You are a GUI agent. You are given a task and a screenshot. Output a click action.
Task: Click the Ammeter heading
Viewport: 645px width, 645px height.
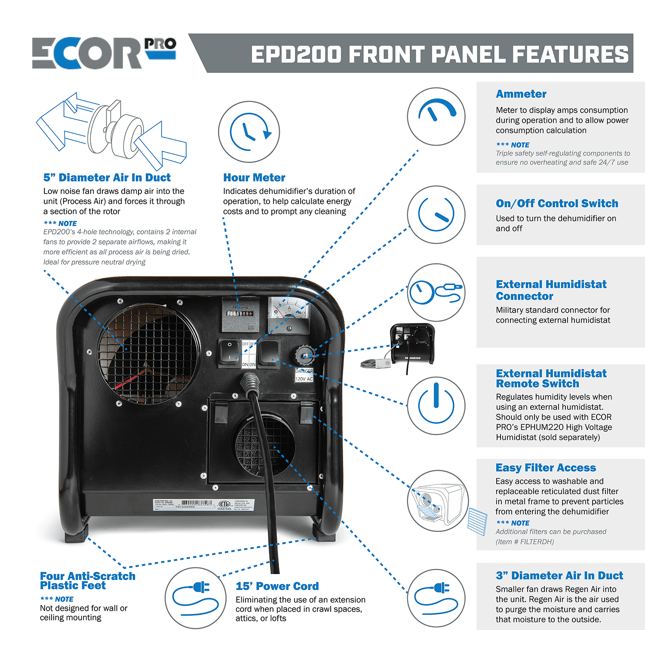point(521,94)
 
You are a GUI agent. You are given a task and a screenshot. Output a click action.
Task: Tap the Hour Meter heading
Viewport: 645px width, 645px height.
point(254,178)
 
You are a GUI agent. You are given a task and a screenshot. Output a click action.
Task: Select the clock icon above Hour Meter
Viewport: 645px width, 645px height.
point(249,132)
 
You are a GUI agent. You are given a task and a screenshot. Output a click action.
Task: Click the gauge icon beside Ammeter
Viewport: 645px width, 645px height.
point(436,116)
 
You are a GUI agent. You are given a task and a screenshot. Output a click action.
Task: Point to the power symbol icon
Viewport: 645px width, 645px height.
point(436,405)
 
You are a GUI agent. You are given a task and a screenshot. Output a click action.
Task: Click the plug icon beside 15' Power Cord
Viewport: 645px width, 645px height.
point(196,598)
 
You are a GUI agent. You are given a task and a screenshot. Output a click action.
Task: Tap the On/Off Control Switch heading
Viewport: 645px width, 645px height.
point(556,203)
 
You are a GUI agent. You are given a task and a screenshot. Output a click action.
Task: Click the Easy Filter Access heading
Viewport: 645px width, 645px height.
point(545,468)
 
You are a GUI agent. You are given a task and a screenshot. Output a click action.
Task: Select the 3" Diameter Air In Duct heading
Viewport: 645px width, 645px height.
point(559,576)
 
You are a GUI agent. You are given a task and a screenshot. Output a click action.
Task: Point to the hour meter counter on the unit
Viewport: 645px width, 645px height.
point(240,313)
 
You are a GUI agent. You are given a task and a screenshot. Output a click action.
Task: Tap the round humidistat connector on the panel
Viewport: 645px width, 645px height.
point(304,355)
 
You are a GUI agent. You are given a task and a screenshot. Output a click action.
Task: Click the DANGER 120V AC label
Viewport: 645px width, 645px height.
point(304,375)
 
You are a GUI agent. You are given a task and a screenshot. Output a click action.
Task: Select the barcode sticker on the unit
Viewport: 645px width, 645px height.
point(204,504)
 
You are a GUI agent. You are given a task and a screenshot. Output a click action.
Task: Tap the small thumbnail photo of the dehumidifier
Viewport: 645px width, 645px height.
point(412,345)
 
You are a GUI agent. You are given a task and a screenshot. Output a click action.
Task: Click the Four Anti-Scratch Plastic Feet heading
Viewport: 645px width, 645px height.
point(87,580)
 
